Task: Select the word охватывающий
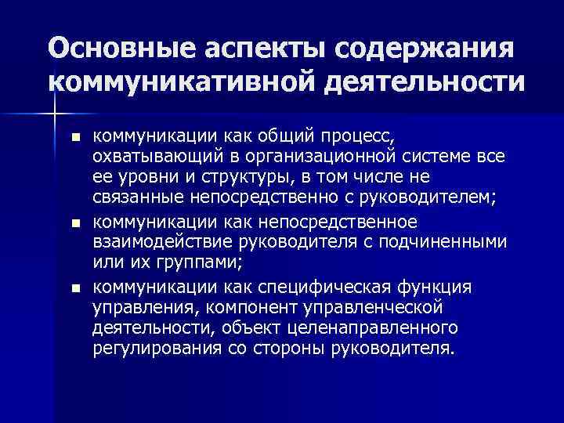(154, 157)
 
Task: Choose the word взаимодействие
(159, 243)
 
